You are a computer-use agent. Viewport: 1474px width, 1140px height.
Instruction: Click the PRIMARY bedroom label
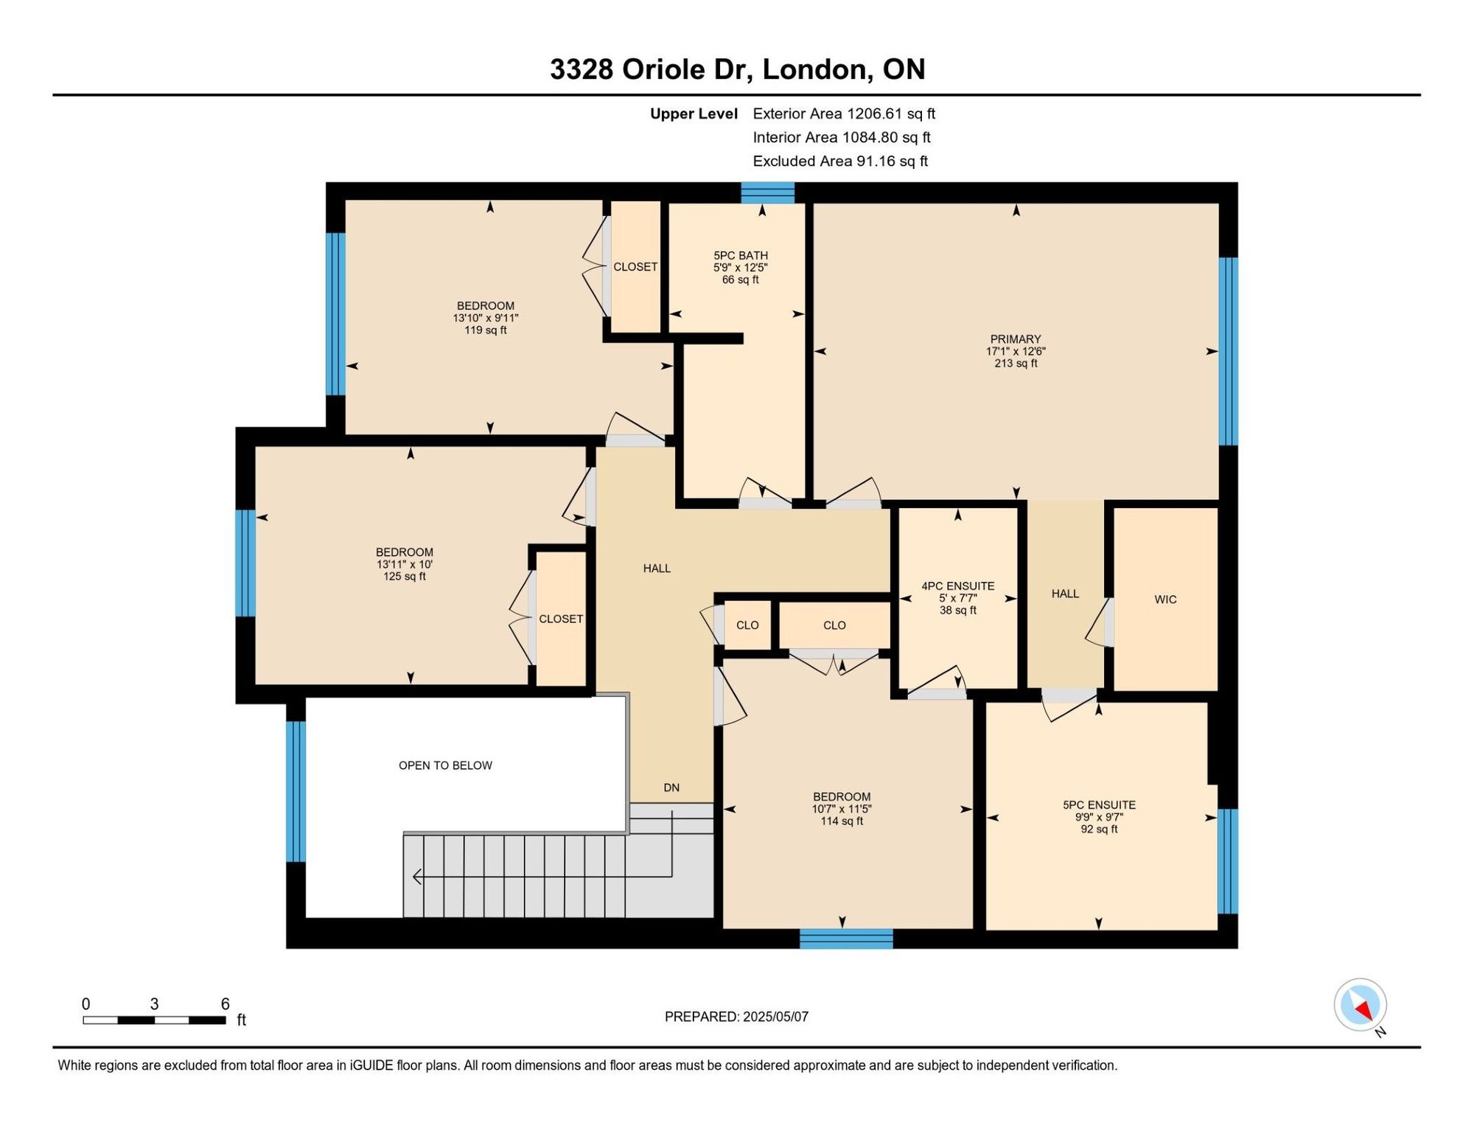[1016, 339]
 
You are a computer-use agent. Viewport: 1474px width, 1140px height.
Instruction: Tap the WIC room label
[1165, 599]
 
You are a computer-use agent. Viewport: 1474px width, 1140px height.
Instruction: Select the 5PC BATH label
[741, 255]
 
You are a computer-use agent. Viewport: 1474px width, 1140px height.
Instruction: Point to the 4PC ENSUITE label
[958, 586]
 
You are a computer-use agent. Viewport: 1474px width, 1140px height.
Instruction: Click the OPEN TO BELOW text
[445, 765]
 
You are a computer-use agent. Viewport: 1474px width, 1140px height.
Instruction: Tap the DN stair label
[671, 788]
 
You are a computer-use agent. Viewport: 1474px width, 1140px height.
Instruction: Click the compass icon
[1361, 1005]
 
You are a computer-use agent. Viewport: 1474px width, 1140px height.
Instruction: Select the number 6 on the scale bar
[226, 1004]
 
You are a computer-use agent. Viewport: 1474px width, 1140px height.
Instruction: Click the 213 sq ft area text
[1016, 364]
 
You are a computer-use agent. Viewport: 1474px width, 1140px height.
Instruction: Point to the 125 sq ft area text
[405, 577]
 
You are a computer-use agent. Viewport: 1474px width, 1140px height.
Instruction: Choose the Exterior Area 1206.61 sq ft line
[844, 114]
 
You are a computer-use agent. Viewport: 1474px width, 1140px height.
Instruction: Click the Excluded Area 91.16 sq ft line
[840, 161]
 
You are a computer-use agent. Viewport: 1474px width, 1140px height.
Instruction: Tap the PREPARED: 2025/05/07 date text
[736, 1017]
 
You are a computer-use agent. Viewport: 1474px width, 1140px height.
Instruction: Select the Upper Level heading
[694, 114]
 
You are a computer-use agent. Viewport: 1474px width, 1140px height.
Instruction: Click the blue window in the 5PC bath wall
[767, 192]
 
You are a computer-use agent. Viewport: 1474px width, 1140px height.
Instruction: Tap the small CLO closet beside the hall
[747, 625]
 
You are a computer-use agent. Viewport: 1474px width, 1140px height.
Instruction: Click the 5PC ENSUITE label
[1099, 805]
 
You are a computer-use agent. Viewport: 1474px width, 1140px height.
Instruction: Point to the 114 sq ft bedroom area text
[842, 821]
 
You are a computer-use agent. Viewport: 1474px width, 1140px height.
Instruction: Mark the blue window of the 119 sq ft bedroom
[335, 314]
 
